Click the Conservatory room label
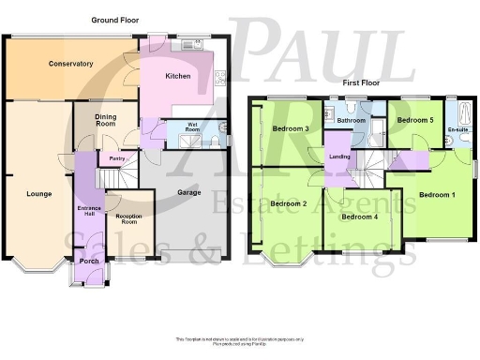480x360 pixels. pos(70,64)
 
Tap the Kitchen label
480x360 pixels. pos(178,76)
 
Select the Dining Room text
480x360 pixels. pos(105,119)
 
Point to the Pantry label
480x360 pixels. pos(117,159)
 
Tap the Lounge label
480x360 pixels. pos(38,194)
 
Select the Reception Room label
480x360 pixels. pos(127,219)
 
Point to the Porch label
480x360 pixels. pos(89,261)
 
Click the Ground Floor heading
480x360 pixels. pos(117,20)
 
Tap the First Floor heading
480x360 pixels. pos(361,82)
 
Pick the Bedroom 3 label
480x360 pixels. pos(291,128)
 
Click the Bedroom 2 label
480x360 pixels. pos(289,203)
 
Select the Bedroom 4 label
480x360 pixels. pos(359,217)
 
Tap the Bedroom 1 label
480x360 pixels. pos(437,195)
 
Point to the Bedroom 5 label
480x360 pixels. pos(413,120)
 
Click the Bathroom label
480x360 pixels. pos(352,121)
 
